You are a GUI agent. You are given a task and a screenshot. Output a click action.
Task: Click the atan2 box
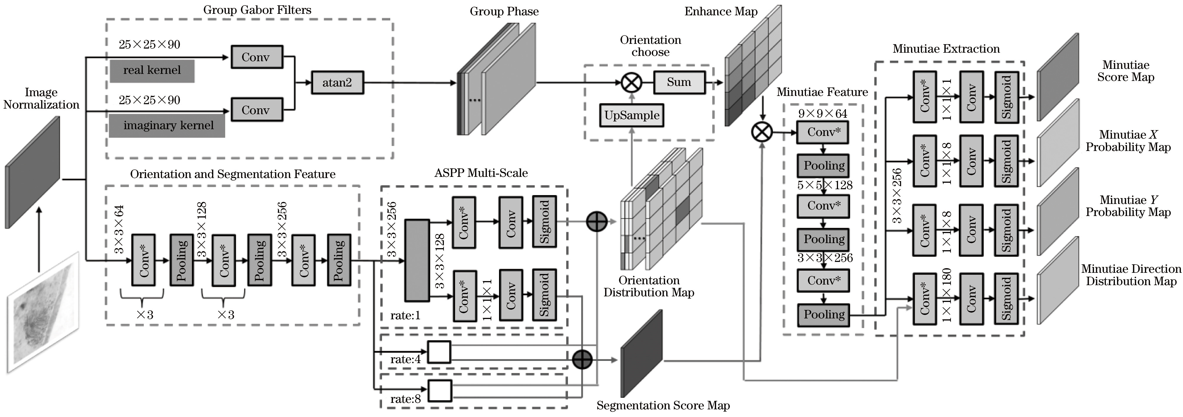338,83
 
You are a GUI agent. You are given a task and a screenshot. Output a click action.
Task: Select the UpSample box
632,115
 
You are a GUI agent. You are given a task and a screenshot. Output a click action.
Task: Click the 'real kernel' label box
152,71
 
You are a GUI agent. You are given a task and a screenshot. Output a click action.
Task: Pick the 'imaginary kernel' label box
167,126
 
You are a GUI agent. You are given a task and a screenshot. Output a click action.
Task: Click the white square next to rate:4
439,352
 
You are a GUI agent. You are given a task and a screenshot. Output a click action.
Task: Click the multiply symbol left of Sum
632,83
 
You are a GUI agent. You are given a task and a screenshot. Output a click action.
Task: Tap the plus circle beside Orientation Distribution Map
597,222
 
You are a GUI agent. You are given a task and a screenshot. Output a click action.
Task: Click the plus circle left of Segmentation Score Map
582,359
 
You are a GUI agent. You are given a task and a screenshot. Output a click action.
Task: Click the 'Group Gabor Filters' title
257,10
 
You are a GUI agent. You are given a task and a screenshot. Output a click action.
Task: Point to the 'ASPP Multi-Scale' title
481,173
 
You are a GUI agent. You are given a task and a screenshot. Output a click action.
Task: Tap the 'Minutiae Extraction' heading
946,49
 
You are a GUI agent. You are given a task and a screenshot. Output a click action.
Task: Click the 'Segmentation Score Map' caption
663,406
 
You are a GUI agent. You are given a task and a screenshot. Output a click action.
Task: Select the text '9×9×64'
822,113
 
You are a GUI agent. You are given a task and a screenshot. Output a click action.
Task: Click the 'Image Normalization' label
41,99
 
